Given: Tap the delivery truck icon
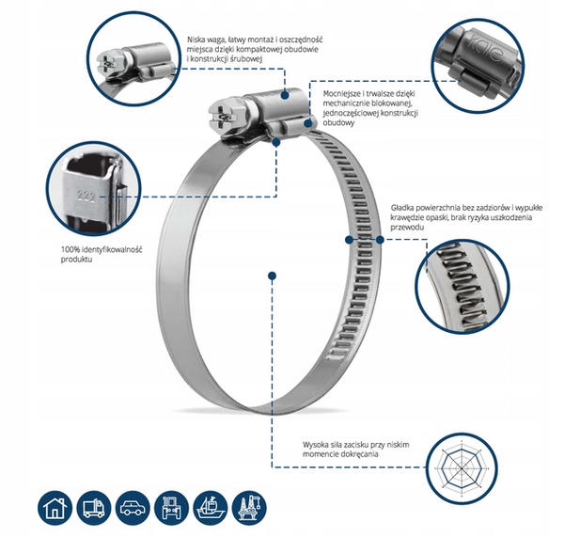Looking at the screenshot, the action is pos(94,507).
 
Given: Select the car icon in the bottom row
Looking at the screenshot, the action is pos(133,507).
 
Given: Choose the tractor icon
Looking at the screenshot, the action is pos(173,507).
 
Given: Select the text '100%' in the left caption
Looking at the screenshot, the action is pos(71,249).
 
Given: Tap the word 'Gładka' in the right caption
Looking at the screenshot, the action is pos(403,206).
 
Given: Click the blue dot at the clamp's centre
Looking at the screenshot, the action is pos(272,276).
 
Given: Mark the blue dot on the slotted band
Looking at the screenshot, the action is pos(379,240).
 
